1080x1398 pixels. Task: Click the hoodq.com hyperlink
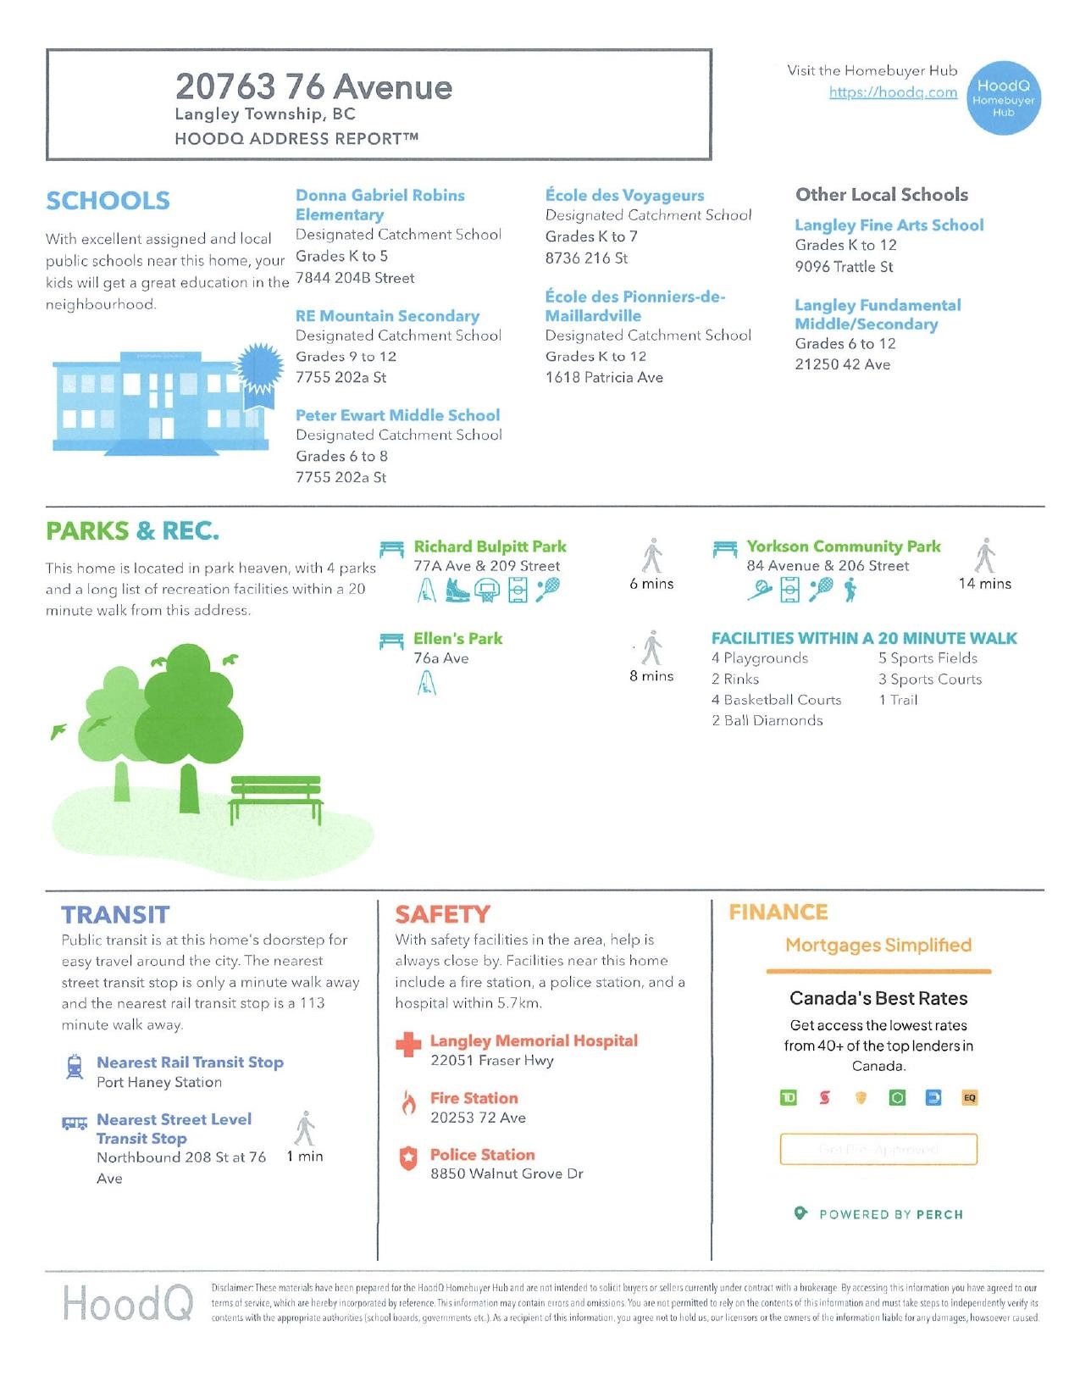893,92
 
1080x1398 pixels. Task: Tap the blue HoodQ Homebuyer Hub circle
1004,98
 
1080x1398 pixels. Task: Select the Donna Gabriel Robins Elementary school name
379,205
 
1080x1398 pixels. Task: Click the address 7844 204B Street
355,278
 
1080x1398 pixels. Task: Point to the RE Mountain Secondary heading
387,316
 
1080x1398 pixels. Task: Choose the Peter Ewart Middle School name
397,415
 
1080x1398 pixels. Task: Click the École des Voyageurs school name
624,196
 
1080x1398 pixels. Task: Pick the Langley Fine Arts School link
889,225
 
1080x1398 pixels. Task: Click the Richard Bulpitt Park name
490,546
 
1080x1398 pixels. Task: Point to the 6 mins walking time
651,584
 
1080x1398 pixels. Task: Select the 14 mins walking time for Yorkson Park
984,584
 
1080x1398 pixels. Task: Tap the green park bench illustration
276,798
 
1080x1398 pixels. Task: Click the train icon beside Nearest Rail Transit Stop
75,1067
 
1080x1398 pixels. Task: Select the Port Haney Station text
159,1082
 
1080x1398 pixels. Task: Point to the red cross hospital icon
408,1046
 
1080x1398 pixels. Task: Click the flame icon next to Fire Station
408,1103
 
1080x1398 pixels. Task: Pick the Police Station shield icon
408,1158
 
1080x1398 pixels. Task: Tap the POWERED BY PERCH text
890,1215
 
